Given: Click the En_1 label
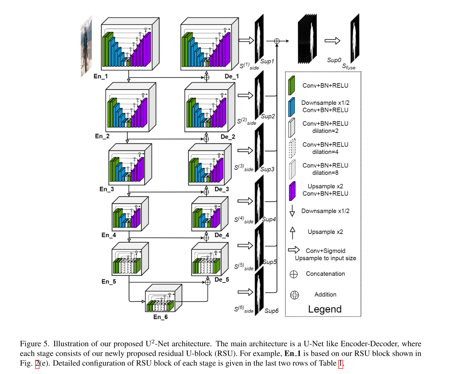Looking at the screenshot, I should coord(101,76).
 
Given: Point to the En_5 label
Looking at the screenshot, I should coord(108,282).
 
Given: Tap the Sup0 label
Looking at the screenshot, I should coord(334,61).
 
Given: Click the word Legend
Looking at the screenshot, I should coord(325,309).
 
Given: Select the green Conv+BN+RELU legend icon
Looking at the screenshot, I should coord(292,85).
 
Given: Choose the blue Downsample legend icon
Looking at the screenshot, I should coord(292,106).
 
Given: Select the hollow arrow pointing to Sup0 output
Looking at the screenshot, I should coord(332,41).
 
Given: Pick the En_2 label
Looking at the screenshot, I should coord(102,136).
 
